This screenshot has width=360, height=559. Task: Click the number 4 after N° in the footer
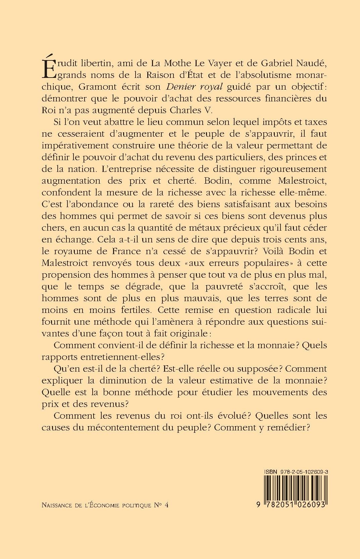[x=166, y=505]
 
